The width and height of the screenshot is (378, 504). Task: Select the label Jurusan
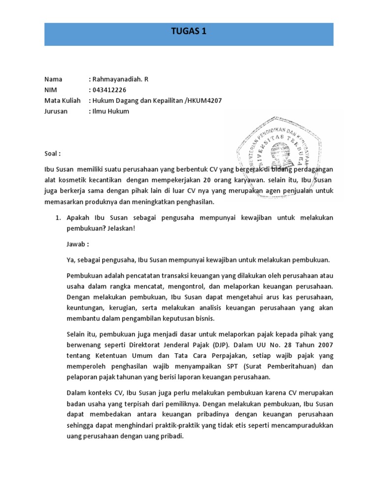(56, 111)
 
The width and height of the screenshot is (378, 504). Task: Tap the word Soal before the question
(52, 153)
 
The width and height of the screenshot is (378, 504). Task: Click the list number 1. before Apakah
(57, 217)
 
